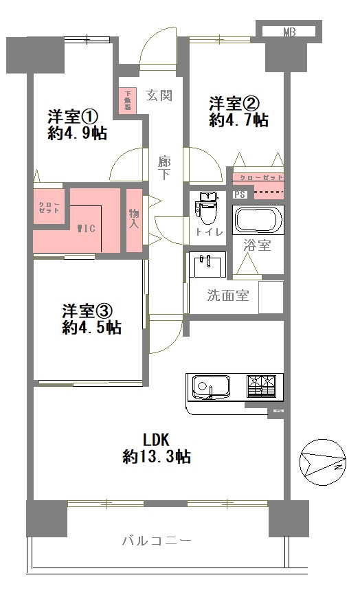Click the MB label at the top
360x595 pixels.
point(289,32)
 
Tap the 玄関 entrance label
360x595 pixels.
point(159,96)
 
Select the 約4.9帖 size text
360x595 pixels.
point(76,133)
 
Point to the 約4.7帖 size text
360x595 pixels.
point(238,120)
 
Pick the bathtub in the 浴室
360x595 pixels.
point(258,220)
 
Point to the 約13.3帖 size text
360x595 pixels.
point(156,456)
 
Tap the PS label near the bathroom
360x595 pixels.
point(239,195)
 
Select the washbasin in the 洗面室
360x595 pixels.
point(205,263)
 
